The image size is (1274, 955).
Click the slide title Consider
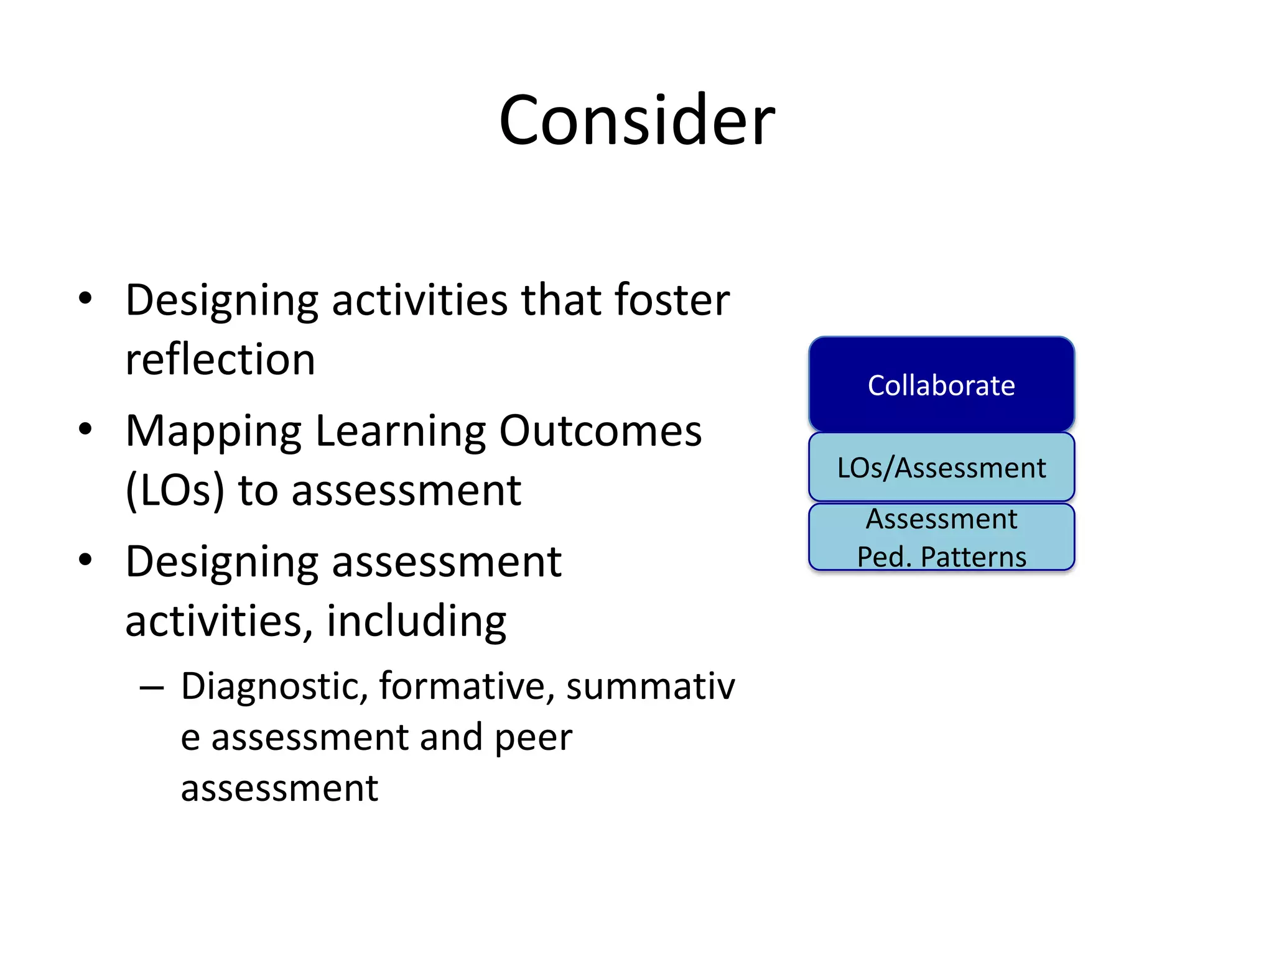pyautogui.click(x=636, y=119)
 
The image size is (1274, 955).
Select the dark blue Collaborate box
pyautogui.click(x=941, y=385)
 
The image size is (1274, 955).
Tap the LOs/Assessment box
pyautogui.click(x=941, y=468)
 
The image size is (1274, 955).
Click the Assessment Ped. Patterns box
pyautogui.click(x=941, y=537)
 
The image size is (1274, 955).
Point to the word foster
pyautogui.click(x=672, y=300)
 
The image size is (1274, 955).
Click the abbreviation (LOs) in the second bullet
pyautogui.click(x=174, y=491)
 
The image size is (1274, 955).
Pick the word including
pyautogui.click(x=416, y=621)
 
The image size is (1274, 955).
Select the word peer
pyautogui.click(x=533, y=737)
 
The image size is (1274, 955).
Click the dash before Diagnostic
pyautogui.click(x=152, y=688)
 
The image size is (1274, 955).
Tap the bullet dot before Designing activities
pyautogui.click(x=85, y=298)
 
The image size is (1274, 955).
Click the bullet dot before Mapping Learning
pyautogui.click(x=85, y=429)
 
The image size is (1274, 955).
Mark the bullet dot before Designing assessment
pyautogui.click(x=85, y=560)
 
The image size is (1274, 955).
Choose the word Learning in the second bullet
pyautogui.click(x=400, y=432)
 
